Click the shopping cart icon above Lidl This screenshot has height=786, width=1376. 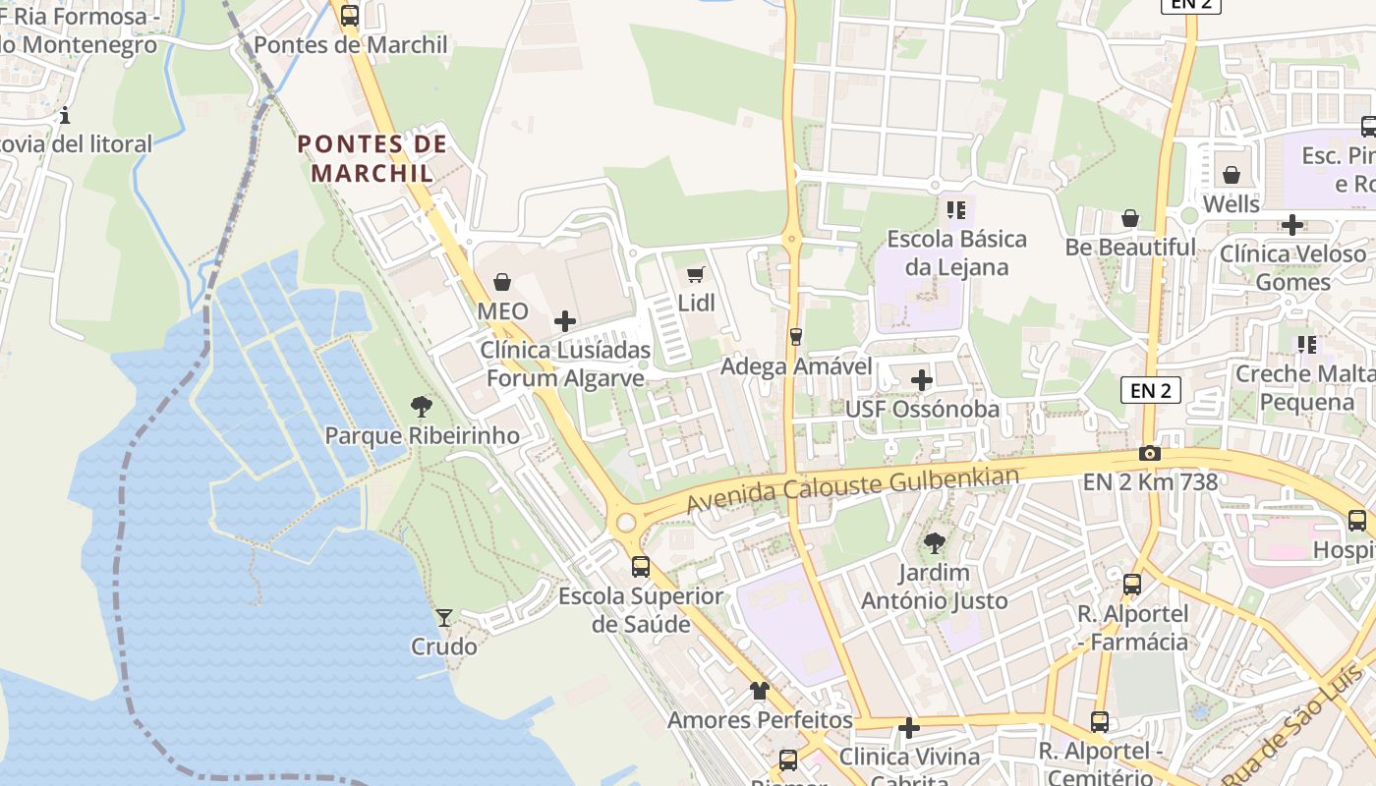(x=696, y=275)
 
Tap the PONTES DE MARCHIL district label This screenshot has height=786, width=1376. (x=373, y=158)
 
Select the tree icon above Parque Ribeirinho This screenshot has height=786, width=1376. (x=422, y=406)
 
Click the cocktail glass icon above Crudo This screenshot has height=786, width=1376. (x=444, y=617)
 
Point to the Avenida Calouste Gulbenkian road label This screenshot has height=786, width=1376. (x=852, y=489)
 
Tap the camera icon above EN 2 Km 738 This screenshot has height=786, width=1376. (x=1149, y=453)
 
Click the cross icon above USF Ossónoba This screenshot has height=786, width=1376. (x=922, y=380)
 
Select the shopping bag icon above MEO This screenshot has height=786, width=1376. (x=502, y=283)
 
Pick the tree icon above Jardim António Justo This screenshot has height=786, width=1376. (x=935, y=542)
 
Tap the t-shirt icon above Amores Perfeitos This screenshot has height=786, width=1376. (x=760, y=691)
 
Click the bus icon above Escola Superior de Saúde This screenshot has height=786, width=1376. (x=641, y=567)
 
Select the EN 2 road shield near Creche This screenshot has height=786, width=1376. (x=1151, y=390)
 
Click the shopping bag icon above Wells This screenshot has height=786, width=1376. (x=1232, y=176)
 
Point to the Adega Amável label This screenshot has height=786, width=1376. (x=796, y=366)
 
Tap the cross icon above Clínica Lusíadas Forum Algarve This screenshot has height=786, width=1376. (x=565, y=321)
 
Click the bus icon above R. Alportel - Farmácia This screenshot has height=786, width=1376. (x=1132, y=585)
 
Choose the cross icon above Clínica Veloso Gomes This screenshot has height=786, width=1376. (x=1292, y=225)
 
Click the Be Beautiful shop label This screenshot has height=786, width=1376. (x=1130, y=247)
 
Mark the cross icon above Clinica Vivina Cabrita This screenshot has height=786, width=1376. (x=909, y=728)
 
